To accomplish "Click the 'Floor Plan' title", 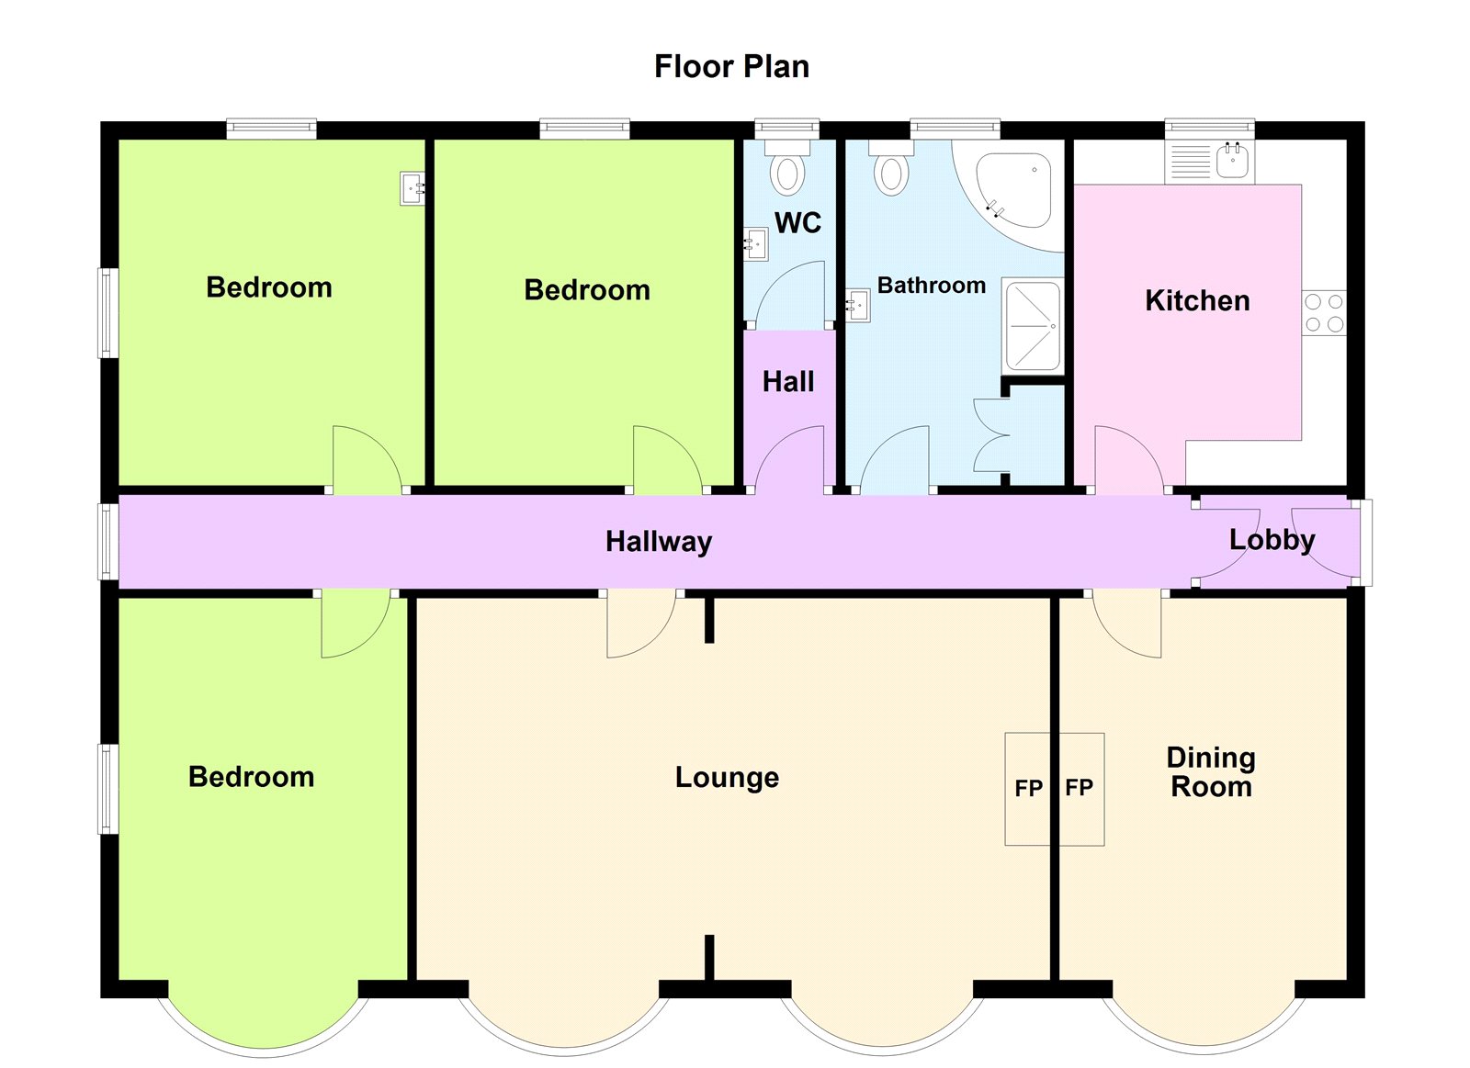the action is coord(731,67).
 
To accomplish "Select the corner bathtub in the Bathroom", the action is coord(1010,195).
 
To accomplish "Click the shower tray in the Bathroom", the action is coord(1033,325).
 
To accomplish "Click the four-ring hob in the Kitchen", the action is coord(1324,313).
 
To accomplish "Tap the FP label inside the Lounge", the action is coord(1028,788).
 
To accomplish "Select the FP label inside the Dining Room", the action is coord(1079,787).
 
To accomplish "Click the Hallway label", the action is coord(658,542).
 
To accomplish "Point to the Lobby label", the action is coord(1272,540).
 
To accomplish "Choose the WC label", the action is coord(798,223).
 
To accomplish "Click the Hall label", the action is coord(788,382).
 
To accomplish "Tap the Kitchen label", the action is coord(1197,301).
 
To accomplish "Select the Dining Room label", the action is coord(1211,772).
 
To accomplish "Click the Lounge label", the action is coord(727,778).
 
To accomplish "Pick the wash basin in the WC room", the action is coord(755,244).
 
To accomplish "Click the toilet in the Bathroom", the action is coord(891,168).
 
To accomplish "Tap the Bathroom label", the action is coord(932,286).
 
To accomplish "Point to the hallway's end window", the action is coord(108,542).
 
